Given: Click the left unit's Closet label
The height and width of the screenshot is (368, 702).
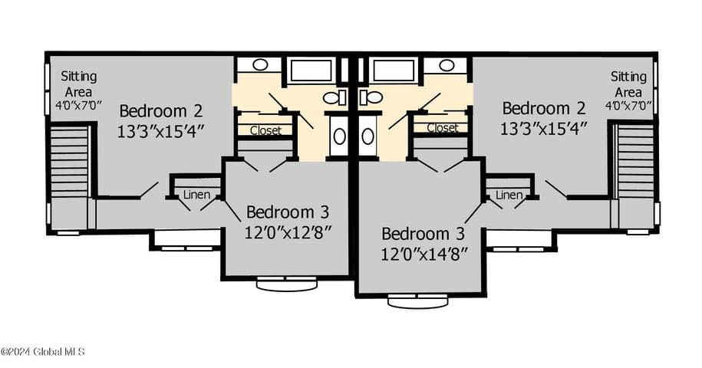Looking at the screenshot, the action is point(266,130).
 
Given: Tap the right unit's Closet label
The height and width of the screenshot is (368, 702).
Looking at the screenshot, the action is point(443,128).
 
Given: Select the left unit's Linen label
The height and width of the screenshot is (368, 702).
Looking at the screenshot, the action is point(196,195).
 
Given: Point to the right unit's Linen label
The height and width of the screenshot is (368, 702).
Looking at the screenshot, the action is point(509,195).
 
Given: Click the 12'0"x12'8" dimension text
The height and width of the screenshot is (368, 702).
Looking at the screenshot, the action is point(288,232).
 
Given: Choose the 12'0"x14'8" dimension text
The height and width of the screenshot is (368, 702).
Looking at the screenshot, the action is point(424,254).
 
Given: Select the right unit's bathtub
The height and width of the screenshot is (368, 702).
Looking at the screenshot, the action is point(394,71).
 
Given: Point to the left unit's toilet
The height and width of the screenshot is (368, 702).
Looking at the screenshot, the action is point(335,97).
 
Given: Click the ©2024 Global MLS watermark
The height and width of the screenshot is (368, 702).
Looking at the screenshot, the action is point(42,352).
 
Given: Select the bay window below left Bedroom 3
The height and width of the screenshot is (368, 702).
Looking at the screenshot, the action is point(286,284).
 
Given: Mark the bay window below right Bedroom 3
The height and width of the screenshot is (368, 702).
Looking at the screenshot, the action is point(417,301).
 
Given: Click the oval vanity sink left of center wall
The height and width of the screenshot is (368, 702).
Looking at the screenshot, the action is point(339,136).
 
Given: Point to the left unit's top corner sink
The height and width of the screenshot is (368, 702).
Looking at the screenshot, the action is point(260,65).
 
